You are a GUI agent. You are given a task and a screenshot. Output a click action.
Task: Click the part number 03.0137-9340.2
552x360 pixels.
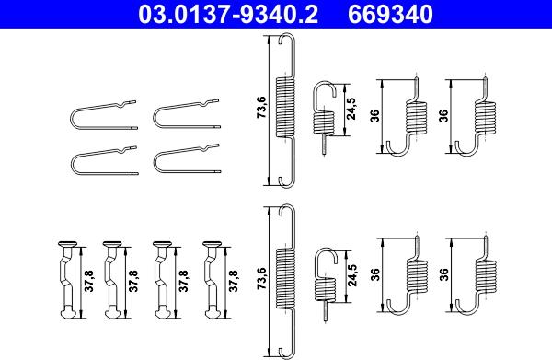pos(228,14)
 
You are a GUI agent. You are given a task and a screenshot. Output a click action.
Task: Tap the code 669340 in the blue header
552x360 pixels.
pos(390,14)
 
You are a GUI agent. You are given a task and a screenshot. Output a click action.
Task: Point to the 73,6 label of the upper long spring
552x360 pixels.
pos(261,107)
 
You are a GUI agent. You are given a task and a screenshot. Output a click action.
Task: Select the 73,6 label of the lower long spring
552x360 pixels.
pos(261,278)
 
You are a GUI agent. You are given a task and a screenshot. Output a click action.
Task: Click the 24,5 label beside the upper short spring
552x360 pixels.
pos(351,109)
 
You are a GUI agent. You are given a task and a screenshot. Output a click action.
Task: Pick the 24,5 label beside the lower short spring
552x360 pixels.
pos(351,275)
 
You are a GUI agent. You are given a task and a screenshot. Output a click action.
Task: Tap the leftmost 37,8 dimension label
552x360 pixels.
pos(89,281)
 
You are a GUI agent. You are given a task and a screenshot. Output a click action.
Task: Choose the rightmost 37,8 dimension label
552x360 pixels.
pos(233,281)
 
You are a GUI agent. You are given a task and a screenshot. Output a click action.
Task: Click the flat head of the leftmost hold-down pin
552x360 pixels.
pos(67,243)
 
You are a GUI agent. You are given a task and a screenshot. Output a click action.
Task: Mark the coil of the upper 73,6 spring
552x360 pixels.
pos(284,107)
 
